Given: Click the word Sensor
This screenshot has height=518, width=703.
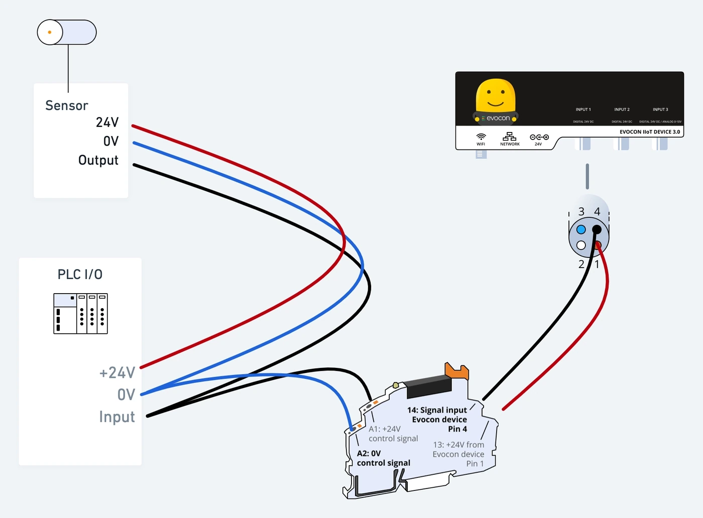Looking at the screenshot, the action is point(66,105).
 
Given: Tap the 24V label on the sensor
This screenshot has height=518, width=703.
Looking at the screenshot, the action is point(107,122).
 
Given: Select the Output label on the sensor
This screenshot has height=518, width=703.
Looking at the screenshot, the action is point(98,160).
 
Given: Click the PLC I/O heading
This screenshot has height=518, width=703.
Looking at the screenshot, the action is point(80,274).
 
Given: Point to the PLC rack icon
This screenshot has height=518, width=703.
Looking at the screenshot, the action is point(81,313).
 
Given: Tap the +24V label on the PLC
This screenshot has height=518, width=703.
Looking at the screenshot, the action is point(118,373).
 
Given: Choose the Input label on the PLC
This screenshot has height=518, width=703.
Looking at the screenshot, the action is point(117,417).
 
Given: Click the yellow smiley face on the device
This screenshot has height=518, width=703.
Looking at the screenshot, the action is point(496,95).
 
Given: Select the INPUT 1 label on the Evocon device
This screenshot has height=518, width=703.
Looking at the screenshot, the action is point(583,109).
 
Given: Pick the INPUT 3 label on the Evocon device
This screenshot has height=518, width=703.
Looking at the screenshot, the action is point(660,109).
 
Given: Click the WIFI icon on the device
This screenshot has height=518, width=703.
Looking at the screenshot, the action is point(481,137).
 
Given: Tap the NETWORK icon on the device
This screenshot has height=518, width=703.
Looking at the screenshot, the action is point(509,137).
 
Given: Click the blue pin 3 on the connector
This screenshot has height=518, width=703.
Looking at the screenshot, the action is point(581,230).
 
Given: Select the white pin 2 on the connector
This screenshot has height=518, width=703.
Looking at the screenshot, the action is point(581,245).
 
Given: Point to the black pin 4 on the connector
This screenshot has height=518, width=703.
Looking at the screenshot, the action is point(597,230).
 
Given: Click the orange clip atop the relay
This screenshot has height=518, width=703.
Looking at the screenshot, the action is point(456,370).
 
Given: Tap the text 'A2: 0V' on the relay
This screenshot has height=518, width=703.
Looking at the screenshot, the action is point(369,453).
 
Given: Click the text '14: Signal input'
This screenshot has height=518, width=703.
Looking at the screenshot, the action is point(437,410).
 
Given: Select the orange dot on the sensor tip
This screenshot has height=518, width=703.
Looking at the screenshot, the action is point(50,32).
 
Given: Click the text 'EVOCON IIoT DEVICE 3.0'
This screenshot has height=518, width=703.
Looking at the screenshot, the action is point(650,132).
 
